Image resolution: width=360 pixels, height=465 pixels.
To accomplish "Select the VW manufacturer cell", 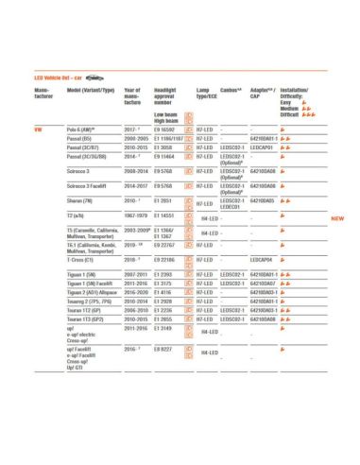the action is tap(38, 128).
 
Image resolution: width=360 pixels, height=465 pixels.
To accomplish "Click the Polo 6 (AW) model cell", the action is tap(83, 128).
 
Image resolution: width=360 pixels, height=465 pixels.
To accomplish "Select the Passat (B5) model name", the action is tap(81, 138).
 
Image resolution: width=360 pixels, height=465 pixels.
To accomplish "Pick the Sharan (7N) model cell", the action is tap(83, 200).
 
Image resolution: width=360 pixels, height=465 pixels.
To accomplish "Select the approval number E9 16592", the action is tap(163, 128).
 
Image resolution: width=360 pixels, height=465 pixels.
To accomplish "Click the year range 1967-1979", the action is tap(137, 215).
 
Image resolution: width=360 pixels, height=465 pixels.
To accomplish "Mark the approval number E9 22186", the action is tap(163, 258).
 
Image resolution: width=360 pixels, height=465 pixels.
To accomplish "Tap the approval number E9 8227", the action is tap(163, 349).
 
